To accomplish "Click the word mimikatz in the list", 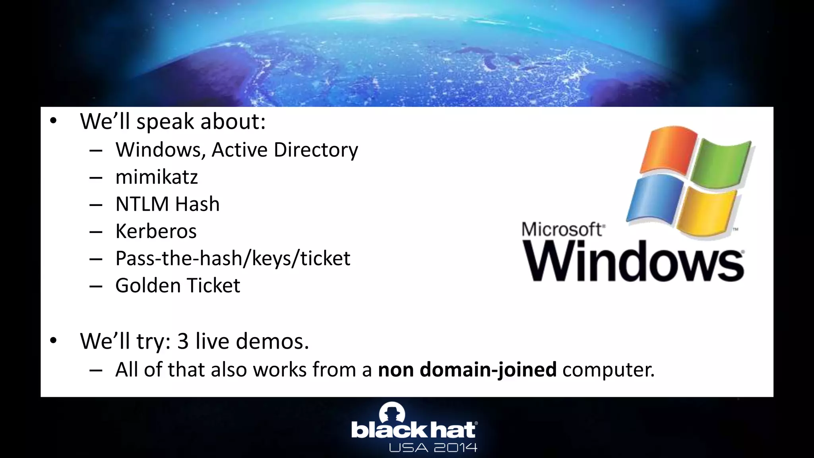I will (156, 177).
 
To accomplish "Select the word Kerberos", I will (156, 231).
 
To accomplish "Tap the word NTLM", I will (142, 204).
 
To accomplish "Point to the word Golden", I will (148, 285).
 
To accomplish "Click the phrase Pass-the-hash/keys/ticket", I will (233, 258).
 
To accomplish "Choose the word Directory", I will (316, 150).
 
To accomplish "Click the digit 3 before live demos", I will (182, 341).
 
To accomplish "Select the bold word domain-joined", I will (488, 370).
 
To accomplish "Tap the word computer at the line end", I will (608, 370).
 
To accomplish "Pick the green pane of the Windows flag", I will (721, 163).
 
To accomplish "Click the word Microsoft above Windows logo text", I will (562, 229).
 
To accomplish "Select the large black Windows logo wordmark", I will (634, 262).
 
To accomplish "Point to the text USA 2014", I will (433, 448).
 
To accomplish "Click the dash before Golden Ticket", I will (96, 286).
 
